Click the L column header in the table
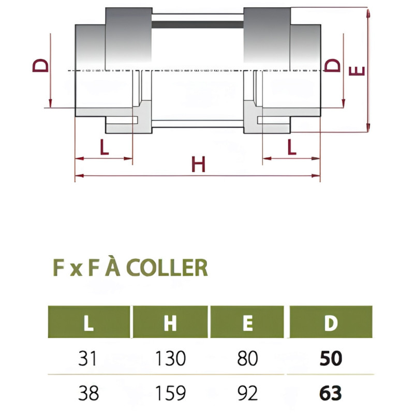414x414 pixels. pos(89,322)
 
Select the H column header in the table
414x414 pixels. pos(170,322)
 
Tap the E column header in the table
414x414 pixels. pos(247,322)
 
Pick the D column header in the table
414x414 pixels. pos(331,322)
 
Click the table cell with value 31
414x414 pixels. pos(88,358)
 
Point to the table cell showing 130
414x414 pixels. pos(170,358)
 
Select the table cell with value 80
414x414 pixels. pos(247,358)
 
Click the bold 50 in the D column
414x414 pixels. pos(331,358)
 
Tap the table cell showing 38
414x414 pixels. pos(88,393)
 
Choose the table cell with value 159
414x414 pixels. pos(170,393)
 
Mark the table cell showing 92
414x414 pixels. pos(247,393)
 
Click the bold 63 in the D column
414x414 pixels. pos(331,393)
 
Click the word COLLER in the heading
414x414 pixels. pos(167,268)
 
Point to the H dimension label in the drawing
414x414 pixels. pos(198,164)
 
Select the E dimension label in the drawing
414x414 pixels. pos(357,71)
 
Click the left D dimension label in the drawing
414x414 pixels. pos(40,66)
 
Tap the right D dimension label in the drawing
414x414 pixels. pos(332,65)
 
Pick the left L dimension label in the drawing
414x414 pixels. pos(105,147)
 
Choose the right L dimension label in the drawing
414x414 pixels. pos(291,147)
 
